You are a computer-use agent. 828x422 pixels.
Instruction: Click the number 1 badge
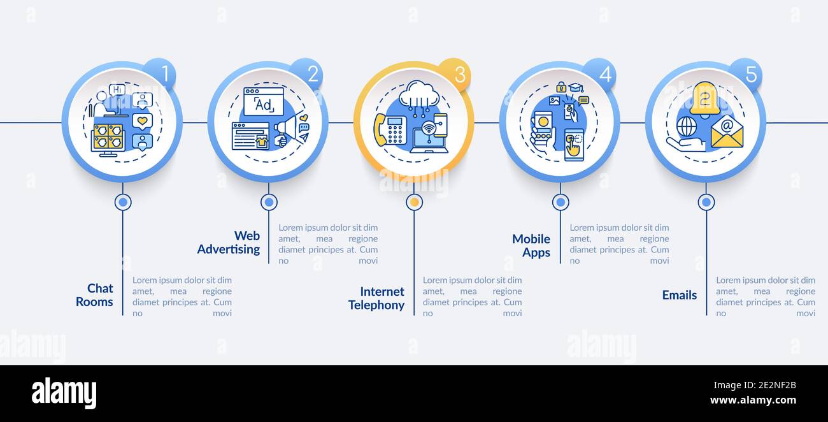point(160,73)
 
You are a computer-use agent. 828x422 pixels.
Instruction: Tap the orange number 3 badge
point(455,75)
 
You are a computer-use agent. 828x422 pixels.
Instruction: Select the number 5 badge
point(746,73)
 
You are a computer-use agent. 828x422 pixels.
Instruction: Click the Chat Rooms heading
point(95,295)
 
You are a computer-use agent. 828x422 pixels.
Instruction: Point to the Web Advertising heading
point(229,243)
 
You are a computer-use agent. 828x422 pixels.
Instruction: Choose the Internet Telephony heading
point(376,298)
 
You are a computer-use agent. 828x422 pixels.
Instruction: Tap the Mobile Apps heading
point(531,245)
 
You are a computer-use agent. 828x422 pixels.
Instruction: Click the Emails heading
point(680,295)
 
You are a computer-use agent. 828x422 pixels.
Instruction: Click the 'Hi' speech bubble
point(117,90)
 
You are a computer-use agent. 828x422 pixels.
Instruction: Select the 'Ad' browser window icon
point(264,101)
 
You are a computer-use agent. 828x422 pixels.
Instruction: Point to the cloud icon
point(419,94)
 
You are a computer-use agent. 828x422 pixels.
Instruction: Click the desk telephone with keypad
point(390,130)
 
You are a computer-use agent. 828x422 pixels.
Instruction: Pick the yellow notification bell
point(704,99)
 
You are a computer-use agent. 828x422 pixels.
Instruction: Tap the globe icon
point(687,127)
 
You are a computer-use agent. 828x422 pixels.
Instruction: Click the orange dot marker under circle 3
point(415,202)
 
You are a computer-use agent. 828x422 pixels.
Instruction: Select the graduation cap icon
point(576,87)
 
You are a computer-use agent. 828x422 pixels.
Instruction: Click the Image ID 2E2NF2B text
point(755,386)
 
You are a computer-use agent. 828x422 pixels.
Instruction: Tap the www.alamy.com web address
point(753,400)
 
